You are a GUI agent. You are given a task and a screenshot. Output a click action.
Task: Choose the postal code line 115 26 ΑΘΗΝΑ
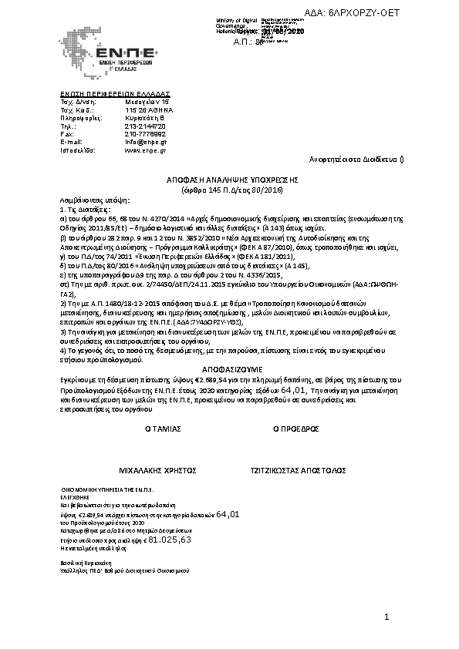click(147, 109)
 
